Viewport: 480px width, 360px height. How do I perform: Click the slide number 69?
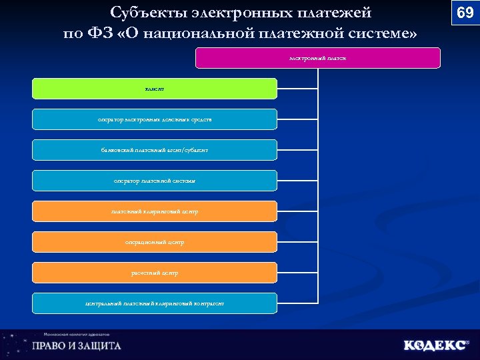[465, 13]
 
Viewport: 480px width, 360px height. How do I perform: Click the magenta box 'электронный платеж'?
[317, 58]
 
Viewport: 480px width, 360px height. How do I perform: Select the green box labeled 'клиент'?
[155, 89]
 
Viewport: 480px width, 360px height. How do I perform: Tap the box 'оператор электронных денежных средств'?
[155, 119]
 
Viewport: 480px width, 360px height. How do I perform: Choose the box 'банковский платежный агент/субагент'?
[155, 150]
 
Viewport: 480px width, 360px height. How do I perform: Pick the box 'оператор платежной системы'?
[155, 181]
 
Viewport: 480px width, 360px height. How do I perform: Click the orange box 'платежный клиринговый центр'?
[155, 211]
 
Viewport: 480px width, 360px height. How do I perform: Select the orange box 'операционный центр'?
[155, 242]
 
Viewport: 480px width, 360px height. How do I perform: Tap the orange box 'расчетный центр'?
[155, 273]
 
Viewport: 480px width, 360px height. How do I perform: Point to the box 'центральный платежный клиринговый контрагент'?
[155, 303]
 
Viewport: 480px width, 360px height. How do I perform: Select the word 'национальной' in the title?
[200, 33]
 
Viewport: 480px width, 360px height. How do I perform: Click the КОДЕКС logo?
[435, 345]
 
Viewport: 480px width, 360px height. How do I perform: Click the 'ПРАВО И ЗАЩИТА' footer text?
[77, 346]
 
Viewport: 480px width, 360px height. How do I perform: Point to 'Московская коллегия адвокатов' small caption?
[76, 334]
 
